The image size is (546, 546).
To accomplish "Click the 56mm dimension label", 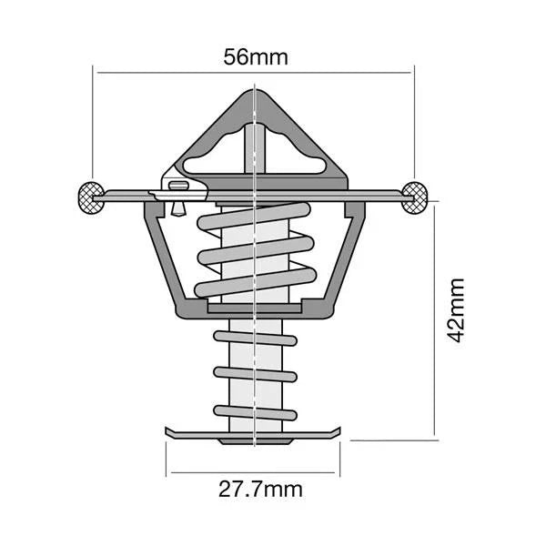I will coord(256,57).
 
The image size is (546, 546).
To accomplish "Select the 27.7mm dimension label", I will coord(261,490).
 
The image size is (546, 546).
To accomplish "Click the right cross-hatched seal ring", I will coord(416,196).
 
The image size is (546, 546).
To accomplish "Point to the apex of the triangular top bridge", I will coord(254,92).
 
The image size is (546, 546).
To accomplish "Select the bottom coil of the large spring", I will coord(255,284).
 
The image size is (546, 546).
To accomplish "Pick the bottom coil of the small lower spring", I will coord(255,410).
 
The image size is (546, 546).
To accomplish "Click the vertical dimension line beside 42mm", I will coord(434,318).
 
